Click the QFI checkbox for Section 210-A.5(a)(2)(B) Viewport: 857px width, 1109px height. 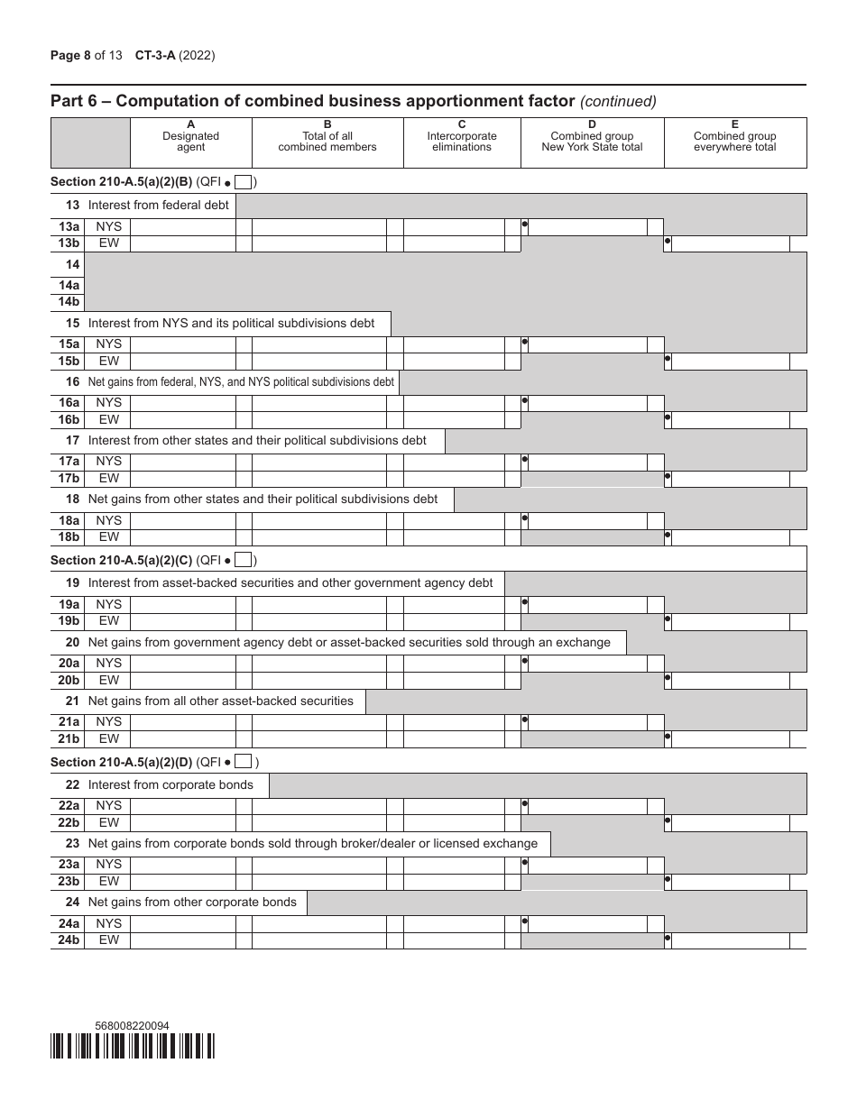point(243,182)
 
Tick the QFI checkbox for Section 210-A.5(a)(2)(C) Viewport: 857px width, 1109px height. point(243,561)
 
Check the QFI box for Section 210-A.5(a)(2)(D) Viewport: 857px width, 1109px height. point(243,763)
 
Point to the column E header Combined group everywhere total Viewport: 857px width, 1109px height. point(734,142)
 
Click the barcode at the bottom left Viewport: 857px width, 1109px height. point(133,1045)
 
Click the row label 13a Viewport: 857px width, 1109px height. point(68,227)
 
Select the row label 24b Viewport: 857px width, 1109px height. point(68,940)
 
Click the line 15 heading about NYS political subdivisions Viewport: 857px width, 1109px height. point(231,323)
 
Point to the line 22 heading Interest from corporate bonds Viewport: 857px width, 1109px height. point(170,785)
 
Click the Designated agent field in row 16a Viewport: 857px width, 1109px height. point(182,403)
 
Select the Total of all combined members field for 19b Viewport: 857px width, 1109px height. point(318,621)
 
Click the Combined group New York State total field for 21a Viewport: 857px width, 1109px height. point(587,722)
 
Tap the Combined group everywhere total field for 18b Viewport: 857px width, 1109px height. point(731,537)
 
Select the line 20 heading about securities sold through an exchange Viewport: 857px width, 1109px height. point(349,643)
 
